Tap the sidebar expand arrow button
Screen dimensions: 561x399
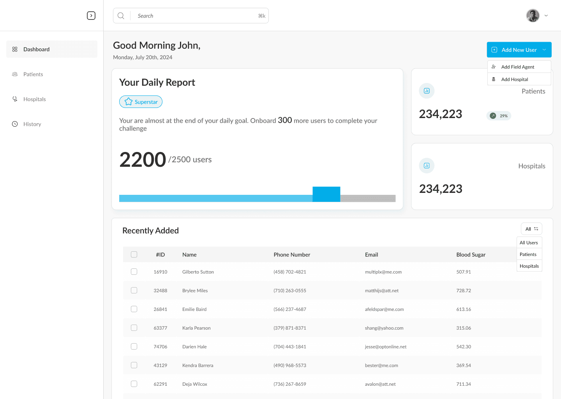(91, 16)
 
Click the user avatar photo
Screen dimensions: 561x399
(533, 16)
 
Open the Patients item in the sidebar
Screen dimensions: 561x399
(33, 74)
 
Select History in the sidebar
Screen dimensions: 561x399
(32, 124)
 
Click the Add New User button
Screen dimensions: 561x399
(519, 49)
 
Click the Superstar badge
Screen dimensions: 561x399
(141, 102)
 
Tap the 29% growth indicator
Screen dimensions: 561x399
(499, 116)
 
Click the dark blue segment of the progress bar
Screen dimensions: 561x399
(326, 194)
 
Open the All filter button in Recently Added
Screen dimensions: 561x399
(531, 229)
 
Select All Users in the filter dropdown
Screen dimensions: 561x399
(529, 242)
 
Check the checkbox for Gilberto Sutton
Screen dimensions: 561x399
(134, 272)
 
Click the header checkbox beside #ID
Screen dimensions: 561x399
(134, 254)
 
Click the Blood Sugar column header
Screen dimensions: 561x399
(471, 254)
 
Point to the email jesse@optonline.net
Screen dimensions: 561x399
(385, 347)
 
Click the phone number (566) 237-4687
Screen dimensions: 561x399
(290, 309)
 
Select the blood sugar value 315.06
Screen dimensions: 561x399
(464, 328)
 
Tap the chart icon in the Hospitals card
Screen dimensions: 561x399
(427, 166)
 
